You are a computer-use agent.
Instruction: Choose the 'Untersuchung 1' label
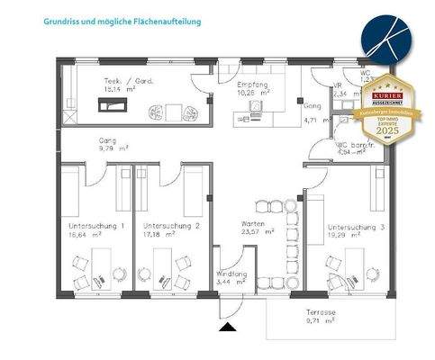pos(96,225)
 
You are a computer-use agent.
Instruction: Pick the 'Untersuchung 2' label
pos(171,225)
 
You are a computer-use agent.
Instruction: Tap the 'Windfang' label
pos(231,274)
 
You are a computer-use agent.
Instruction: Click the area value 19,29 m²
pos(346,237)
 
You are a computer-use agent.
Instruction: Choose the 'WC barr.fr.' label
pos(353,144)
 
